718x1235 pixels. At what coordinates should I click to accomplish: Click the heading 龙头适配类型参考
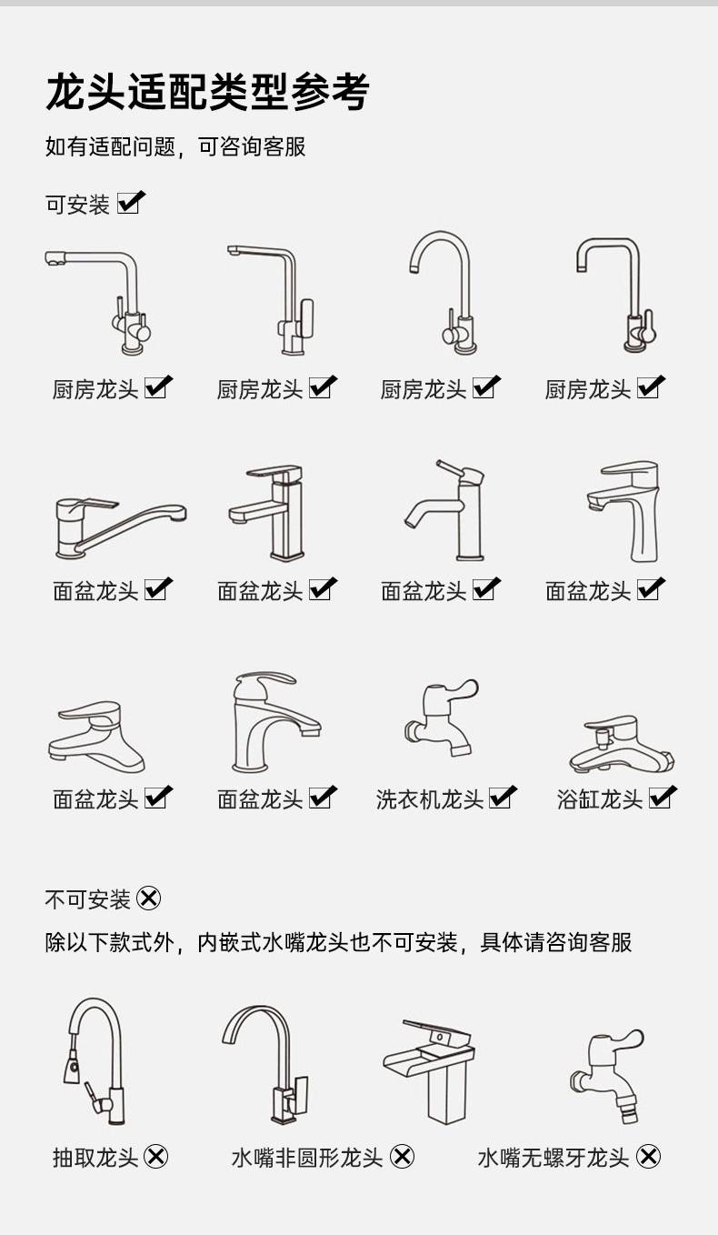coord(207,92)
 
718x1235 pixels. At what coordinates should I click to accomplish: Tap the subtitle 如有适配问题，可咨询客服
coord(175,146)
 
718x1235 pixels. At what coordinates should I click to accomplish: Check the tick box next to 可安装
coord(131,202)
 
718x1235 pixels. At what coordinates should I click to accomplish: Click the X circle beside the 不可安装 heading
coord(148,899)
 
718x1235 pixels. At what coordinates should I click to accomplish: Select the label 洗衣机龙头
coord(430,799)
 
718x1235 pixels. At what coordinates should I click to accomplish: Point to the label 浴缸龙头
coord(600,799)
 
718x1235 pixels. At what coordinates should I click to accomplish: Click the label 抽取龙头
coord(95,1158)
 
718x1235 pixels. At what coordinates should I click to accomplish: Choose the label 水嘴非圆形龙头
coord(307,1158)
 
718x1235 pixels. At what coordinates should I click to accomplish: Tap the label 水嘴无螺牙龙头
coord(553,1158)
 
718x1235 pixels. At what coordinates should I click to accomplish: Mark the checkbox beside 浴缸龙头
coord(663,798)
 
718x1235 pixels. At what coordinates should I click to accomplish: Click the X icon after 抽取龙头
coord(156,1157)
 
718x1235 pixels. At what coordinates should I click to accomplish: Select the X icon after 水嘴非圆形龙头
coord(402,1157)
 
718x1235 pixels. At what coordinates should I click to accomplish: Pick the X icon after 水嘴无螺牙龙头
coord(648,1157)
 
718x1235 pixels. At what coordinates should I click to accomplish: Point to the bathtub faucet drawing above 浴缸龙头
coord(622,744)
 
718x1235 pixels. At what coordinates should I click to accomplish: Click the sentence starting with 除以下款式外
coord(338,942)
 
